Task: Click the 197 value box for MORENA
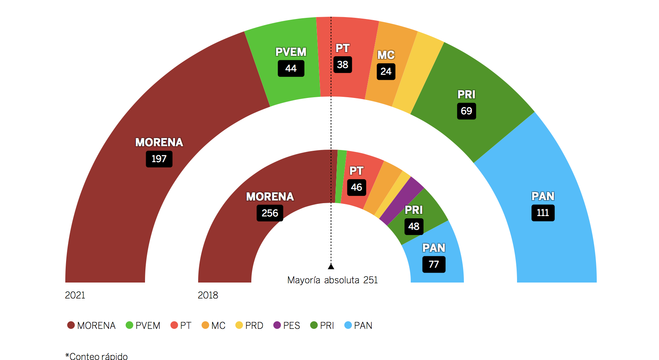[159, 159]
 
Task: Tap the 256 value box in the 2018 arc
[270, 213]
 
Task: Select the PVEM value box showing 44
[291, 68]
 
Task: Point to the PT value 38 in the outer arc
[342, 65]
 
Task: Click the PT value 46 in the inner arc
[356, 187]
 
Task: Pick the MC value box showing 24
[386, 71]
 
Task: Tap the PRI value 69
[466, 111]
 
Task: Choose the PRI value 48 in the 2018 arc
[413, 226]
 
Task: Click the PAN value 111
[543, 213]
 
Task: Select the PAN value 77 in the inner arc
[434, 264]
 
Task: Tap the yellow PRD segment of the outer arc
[418, 72]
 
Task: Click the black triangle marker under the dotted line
[331, 267]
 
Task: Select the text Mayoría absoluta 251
[333, 280]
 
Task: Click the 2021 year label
[75, 295]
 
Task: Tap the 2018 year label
[208, 295]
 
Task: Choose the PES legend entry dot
[277, 325]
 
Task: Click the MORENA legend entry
[91, 325]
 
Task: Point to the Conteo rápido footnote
[97, 356]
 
